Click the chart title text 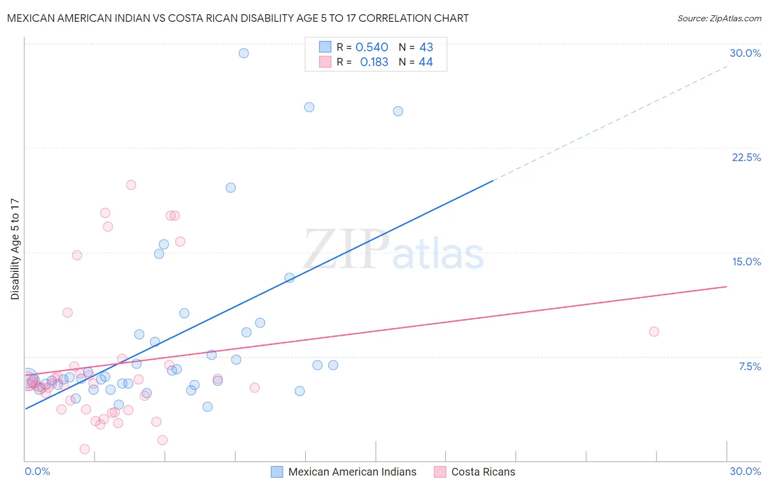[x=238, y=18]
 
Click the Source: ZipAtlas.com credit [x=719, y=18]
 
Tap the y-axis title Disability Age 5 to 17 [x=15, y=249]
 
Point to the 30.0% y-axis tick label [x=745, y=53]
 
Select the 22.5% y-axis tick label [x=746, y=157]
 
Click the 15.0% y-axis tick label [x=746, y=262]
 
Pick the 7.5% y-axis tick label [x=749, y=366]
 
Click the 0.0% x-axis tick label [x=37, y=471]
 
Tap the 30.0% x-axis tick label [x=745, y=471]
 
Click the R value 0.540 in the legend [x=371, y=47]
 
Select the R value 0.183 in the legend [x=374, y=62]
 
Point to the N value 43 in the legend [x=426, y=47]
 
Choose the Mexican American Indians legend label [x=352, y=472]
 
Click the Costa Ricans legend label [x=483, y=472]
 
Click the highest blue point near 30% [x=244, y=53]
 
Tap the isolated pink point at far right [x=654, y=331]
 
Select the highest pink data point [x=131, y=185]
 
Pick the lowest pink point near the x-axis [x=85, y=449]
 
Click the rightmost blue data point [x=398, y=111]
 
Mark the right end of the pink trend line [x=727, y=286]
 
